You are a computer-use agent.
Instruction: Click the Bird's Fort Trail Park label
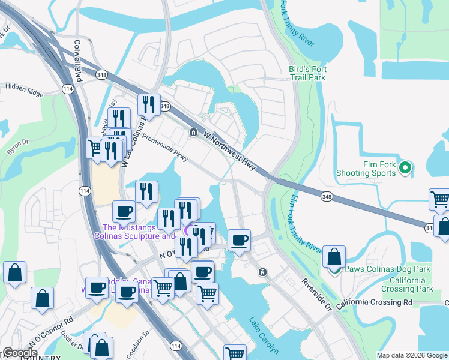point(307,73)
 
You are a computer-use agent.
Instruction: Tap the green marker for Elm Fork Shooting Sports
point(405,168)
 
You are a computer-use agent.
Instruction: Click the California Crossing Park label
point(411,284)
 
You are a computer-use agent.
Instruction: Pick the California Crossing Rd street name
point(375,303)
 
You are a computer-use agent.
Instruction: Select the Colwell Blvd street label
point(77,53)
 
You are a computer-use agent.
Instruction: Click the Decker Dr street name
point(71,344)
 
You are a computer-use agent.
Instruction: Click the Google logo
point(20,353)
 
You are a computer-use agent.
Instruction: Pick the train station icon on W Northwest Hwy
point(194,132)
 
